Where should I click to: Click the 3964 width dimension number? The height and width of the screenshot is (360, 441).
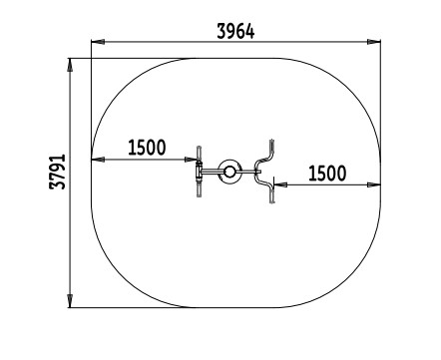pos(235,32)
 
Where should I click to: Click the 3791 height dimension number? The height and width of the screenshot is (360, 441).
pos(57,172)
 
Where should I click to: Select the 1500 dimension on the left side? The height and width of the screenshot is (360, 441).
pos(147,148)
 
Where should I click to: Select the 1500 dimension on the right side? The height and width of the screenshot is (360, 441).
pos(327,174)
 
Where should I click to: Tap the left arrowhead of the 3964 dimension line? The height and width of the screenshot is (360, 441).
pos(98,42)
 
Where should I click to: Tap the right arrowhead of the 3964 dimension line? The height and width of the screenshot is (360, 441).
pos(374,42)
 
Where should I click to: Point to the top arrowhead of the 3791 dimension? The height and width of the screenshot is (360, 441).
pos(70,65)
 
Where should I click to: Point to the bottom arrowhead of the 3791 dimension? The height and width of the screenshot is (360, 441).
pos(70,301)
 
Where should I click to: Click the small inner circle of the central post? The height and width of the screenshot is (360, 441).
pos(229,172)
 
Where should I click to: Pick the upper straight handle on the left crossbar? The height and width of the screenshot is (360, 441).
pos(200,154)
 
